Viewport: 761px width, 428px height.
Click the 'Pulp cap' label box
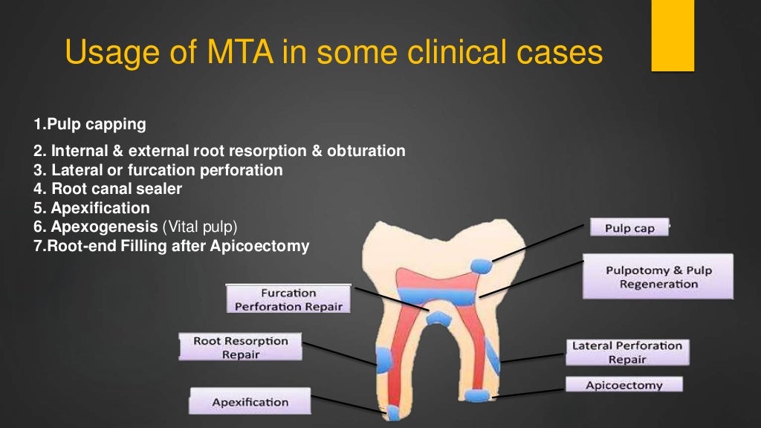629,227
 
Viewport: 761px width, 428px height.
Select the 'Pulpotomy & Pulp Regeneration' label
658,276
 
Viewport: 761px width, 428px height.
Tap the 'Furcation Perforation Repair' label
288,299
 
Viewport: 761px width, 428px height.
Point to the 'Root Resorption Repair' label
240,348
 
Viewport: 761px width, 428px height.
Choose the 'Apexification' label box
250,402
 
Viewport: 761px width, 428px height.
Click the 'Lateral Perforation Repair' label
626,352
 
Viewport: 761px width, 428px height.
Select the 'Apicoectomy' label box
624,385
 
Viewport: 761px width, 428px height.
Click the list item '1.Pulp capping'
89,123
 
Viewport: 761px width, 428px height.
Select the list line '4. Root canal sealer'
108,189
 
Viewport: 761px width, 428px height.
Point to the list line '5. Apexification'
91,208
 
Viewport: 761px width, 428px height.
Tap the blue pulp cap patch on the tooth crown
481,266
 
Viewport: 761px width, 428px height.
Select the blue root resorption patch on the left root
384,360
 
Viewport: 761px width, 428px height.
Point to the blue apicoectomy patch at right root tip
476,395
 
